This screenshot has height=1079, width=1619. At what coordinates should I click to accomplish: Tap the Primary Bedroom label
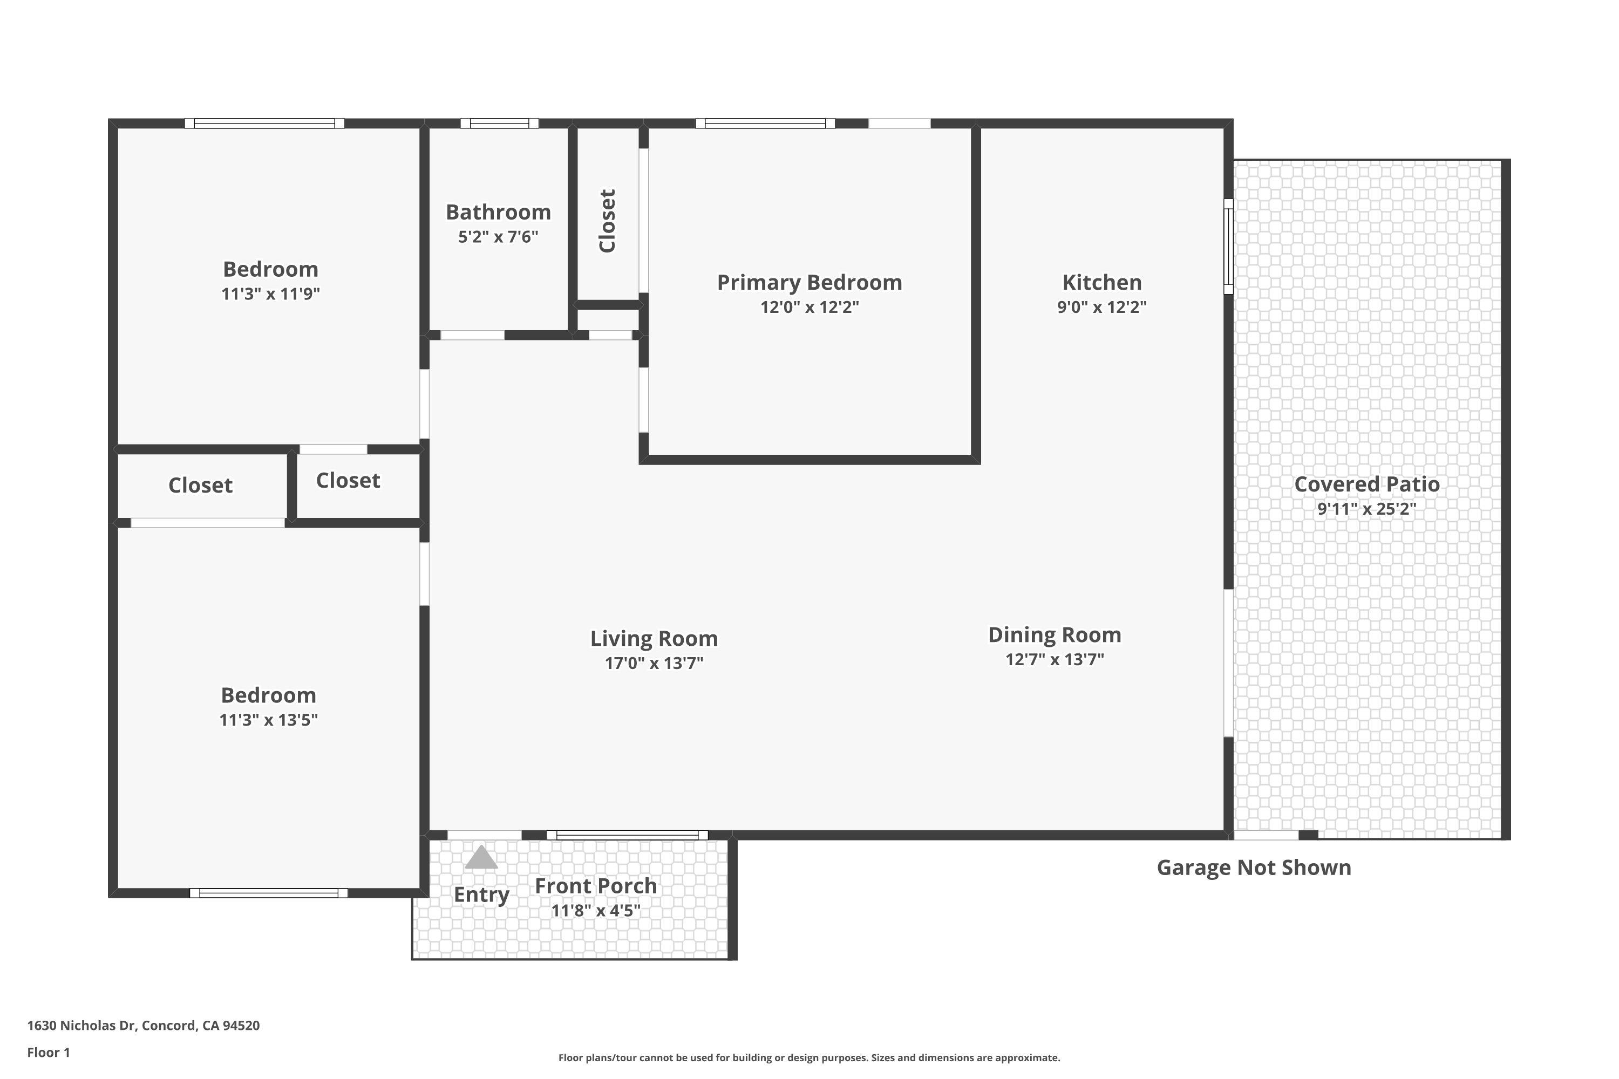click(809, 282)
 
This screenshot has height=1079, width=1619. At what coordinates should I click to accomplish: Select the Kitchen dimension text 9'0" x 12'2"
click(1101, 307)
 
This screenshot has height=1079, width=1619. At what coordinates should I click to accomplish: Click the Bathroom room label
click(498, 212)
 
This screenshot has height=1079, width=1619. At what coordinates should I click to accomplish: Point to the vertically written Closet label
click(607, 221)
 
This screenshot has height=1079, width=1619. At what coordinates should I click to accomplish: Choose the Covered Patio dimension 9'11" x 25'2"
click(1366, 509)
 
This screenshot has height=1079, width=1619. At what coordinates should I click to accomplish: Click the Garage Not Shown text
click(1254, 868)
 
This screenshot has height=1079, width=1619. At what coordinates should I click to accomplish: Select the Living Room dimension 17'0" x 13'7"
click(654, 664)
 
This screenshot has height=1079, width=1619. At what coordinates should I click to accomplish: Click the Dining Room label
click(1054, 634)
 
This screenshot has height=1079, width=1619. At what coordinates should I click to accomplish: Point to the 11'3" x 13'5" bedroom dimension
click(268, 720)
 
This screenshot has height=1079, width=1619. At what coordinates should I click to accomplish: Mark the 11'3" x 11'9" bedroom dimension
click(270, 294)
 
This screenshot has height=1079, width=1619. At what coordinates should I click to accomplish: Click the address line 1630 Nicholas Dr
click(143, 1026)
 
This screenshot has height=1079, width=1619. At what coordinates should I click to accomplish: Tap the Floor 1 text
click(48, 1052)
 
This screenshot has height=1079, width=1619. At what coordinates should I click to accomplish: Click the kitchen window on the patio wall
click(1228, 247)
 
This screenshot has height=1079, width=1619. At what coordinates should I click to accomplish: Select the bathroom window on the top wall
click(499, 124)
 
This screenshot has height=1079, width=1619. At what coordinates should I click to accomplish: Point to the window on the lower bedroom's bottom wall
click(268, 893)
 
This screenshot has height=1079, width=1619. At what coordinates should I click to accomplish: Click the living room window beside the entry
click(627, 835)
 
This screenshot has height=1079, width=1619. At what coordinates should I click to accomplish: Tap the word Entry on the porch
click(481, 894)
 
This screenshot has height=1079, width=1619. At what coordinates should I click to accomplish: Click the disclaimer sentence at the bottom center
click(809, 1057)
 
